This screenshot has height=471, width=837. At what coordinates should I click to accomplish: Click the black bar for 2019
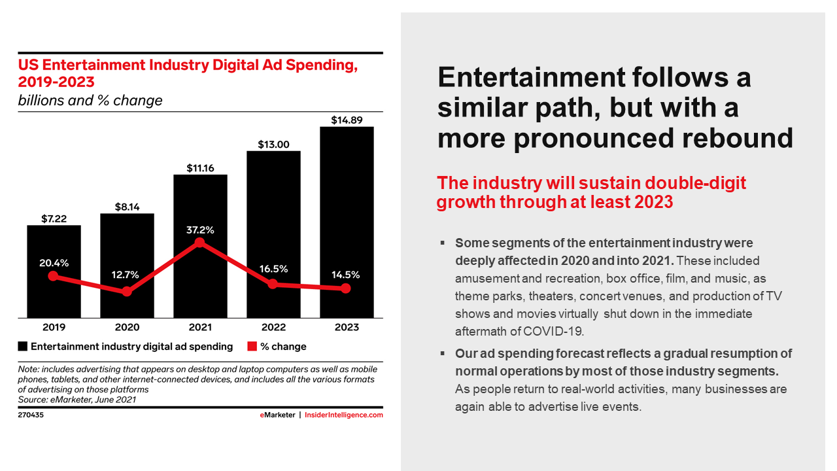click(x=54, y=271)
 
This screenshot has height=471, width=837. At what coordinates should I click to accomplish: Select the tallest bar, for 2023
click(x=347, y=222)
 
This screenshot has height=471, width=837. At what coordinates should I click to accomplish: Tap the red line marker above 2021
click(x=200, y=243)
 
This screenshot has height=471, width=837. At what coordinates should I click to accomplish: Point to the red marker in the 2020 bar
click(x=127, y=291)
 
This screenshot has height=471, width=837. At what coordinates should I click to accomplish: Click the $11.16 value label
click(x=200, y=168)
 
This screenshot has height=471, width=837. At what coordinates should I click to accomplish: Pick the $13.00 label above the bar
click(x=273, y=145)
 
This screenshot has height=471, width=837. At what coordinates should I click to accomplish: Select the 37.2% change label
click(x=200, y=230)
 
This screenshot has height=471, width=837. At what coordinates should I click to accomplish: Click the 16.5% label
click(x=273, y=269)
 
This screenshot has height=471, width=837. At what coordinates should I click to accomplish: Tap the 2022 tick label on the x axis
click(x=273, y=328)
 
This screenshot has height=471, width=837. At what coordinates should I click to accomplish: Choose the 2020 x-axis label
click(x=127, y=328)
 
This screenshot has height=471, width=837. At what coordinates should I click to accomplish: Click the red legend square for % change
click(x=252, y=347)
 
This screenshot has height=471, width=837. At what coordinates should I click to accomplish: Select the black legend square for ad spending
click(x=23, y=347)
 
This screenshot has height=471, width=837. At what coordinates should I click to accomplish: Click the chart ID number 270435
click(x=31, y=415)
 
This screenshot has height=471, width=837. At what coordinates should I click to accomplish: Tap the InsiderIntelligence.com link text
click(x=344, y=415)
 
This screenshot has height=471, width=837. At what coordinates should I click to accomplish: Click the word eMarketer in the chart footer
click(x=278, y=415)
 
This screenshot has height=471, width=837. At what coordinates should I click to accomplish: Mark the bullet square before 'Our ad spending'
click(x=443, y=353)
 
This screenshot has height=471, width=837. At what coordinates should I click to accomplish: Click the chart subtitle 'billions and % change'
click(x=90, y=101)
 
